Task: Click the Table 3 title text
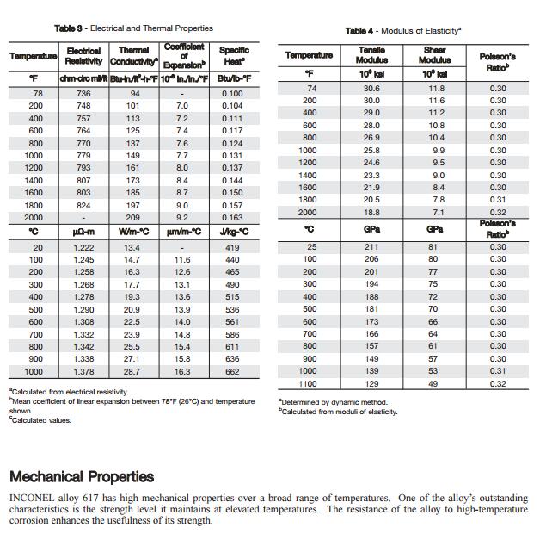[x=133, y=28]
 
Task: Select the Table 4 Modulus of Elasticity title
[x=402, y=31]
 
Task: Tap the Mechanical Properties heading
[x=82, y=476]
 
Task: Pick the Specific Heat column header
[x=232, y=56]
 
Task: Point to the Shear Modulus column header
[x=434, y=55]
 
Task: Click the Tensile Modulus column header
[x=371, y=55]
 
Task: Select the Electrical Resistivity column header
[x=83, y=56]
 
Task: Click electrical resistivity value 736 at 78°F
[x=83, y=93]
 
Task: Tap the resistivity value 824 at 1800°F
[x=83, y=206]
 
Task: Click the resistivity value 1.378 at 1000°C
[x=83, y=371]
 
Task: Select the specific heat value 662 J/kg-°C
[x=232, y=371]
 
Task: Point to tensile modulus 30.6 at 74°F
[x=371, y=89]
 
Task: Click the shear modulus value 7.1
[x=438, y=212]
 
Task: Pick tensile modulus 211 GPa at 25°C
[x=371, y=247]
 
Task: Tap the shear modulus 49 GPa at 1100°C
[x=433, y=383]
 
